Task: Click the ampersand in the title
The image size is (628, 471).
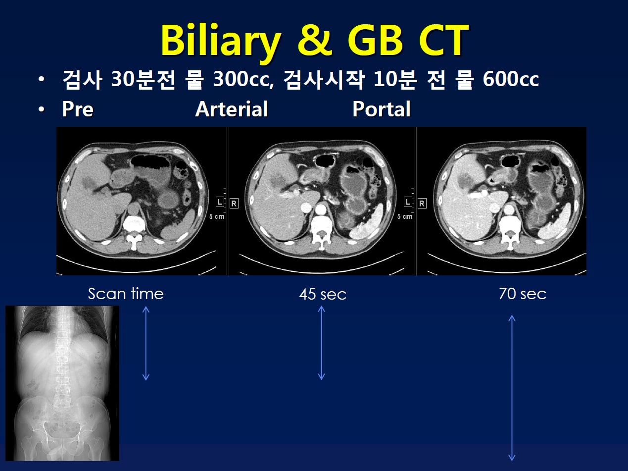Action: pos(314,41)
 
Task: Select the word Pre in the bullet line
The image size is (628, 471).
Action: pos(78,109)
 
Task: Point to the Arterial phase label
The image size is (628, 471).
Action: pos(232,109)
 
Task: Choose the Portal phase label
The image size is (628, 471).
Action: pos(382,109)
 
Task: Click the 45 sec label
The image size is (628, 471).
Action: pos(323,294)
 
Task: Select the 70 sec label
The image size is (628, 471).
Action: pos(523,294)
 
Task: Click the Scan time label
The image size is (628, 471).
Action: pos(126,294)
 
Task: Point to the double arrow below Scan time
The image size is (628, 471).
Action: pos(146,343)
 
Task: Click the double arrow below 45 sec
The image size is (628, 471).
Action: pos(321,343)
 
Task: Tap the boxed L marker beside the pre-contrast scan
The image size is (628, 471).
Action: pos(220,203)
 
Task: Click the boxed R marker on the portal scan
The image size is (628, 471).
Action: pos(422,203)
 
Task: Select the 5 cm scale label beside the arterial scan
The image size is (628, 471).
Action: pos(405,216)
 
